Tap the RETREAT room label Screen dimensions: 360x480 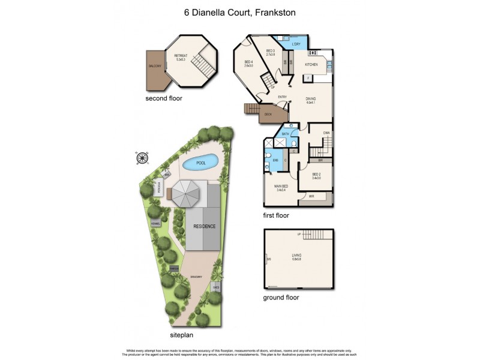tap(181, 56)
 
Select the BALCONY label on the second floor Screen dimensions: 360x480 tap(155, 66)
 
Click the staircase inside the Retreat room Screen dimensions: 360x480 tap(205, 64)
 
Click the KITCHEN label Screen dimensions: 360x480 tap(311, 64)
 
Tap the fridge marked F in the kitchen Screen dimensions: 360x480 tap(308, 78)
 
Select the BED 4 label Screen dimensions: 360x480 tap(249, 63)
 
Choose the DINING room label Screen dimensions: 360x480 tap(310, 100)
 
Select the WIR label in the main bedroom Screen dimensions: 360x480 tap(311, 196)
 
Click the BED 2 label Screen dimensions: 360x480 tap(316, 175)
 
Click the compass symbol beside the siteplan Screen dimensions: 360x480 tap(143, 158)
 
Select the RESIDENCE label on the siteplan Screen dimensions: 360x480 tap(204, 226)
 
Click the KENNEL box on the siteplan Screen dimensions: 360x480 tap(155, 223)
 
